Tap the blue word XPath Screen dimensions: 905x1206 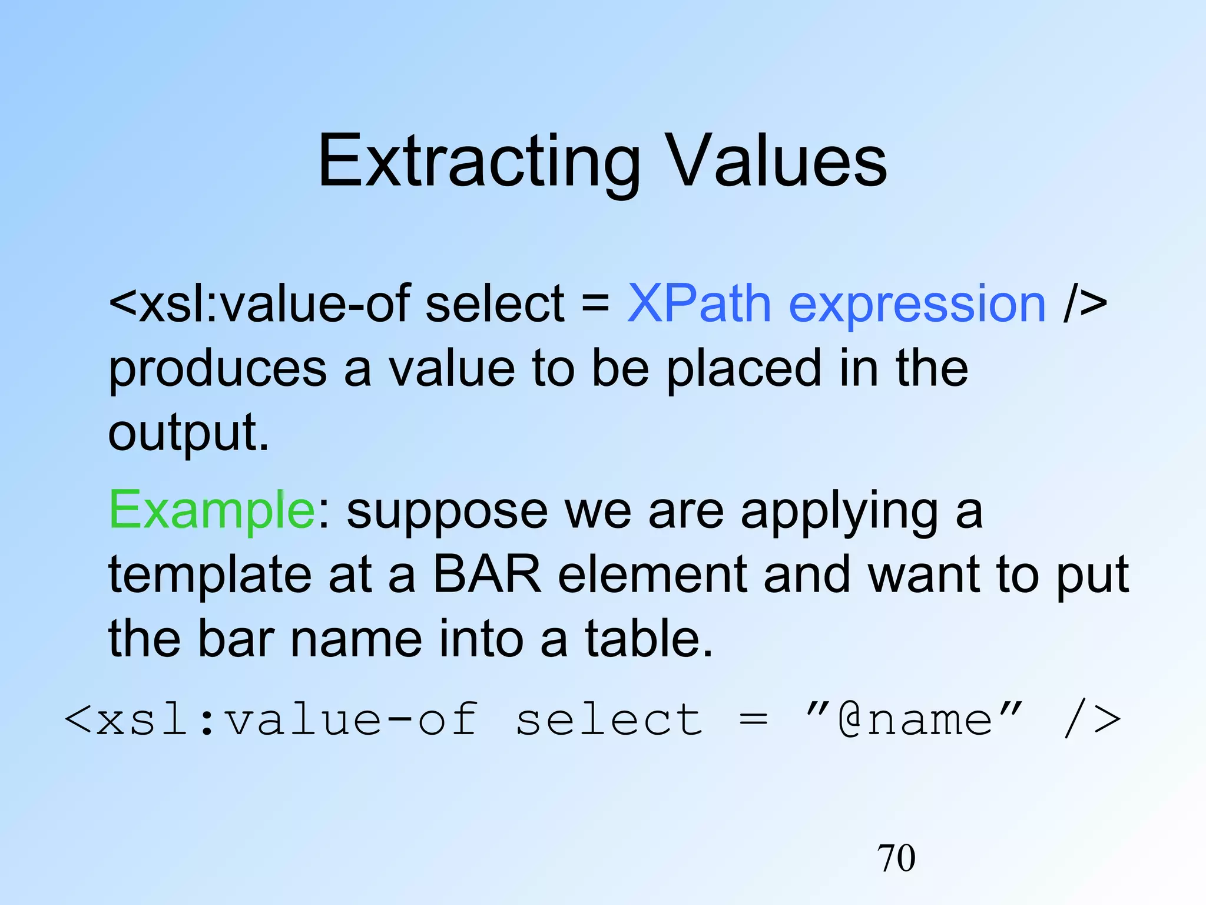click(x=698, y=304)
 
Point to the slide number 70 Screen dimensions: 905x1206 click(x=896, y=857)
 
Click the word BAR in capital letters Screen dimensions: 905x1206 click(x=487, y=574)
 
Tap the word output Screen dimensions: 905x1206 click(x=188, y=433)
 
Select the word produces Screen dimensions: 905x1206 click(x=217, y=369)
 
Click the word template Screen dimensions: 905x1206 click(x=210, y=576)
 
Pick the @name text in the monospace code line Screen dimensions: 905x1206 click(x=915, y=720)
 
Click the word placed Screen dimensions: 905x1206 click(x=744, y=369)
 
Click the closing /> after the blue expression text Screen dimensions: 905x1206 click(x=1085, y=304)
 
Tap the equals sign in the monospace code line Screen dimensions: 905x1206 click(x=754, y=720)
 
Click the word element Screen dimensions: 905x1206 click(x=652, y=574)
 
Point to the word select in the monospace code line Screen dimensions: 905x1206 click(x=609, y=720)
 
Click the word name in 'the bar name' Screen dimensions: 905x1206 click(x=356, y=639)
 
